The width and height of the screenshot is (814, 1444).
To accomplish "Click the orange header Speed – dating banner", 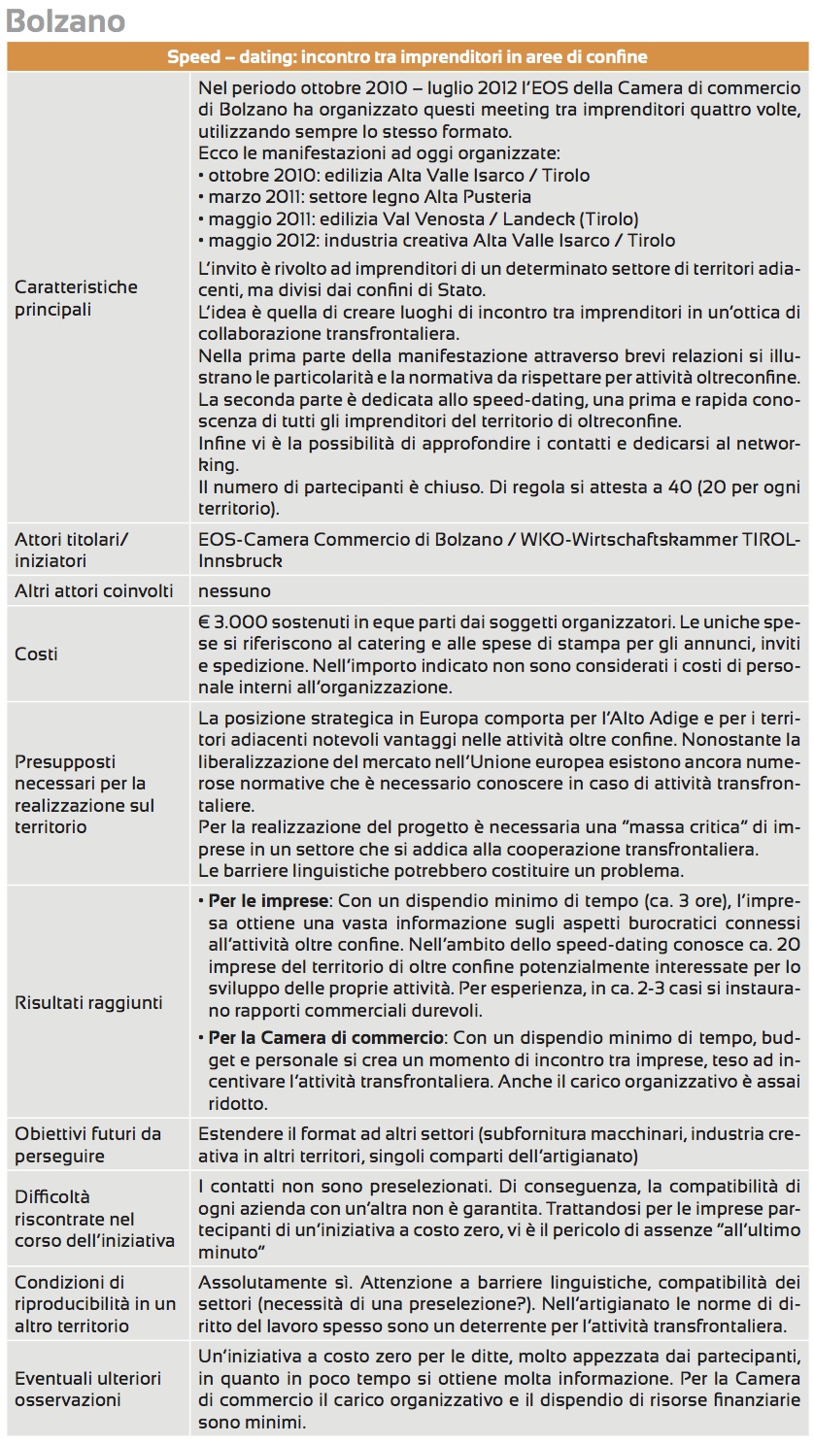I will (407, 57).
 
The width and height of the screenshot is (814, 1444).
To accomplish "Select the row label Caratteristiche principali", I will (77, 298).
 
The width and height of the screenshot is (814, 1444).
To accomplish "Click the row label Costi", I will (36, 655).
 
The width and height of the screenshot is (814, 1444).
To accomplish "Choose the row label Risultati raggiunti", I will (88, 1002).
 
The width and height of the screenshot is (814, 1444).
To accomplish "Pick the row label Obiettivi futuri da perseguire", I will (87, 1145).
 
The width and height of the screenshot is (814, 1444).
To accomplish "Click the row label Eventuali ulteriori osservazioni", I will (87, 1389).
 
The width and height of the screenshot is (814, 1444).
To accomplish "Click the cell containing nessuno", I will (234, 590).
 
